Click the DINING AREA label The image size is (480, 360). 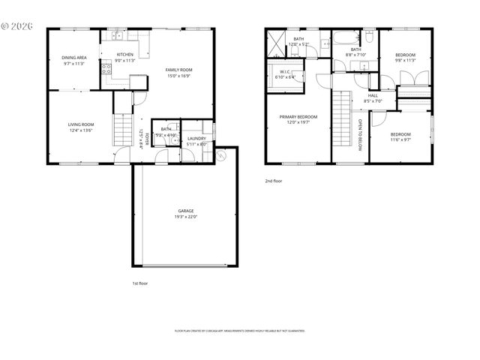(x=73, y=58)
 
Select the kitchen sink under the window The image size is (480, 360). (x=117, y=35)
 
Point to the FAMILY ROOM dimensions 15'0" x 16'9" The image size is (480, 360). (x=178, y=76)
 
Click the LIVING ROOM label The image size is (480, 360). (x=81, y=124)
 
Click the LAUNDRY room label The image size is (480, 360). (x=196, y=139)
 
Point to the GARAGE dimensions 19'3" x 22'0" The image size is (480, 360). (x=186, y=217)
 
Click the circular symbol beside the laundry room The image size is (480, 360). (x=221, y=157)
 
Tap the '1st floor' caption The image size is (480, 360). (x=139, y=284)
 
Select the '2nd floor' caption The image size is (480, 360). (x=274, y=181)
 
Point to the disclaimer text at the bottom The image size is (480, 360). (x=240, y=330)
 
